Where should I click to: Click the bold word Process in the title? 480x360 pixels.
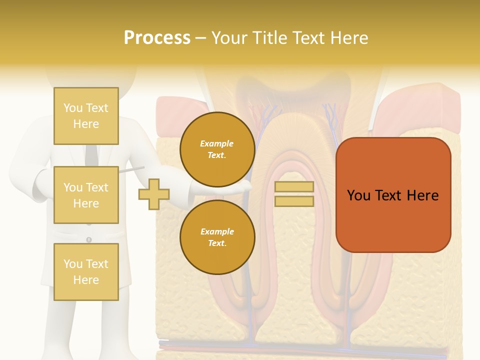point(157,38)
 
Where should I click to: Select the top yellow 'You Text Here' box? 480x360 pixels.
point(86,116)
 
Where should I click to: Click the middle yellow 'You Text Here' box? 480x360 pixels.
point(86,195)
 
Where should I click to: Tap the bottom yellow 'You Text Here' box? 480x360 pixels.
point(86,271)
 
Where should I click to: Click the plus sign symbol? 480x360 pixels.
point(154,194)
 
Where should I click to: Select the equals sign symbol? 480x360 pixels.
point(294,194)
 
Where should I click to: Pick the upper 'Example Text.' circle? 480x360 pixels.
point(217,149)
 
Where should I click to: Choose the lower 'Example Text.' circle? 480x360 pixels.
point(217,237)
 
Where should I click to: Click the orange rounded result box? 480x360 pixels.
point(393,195)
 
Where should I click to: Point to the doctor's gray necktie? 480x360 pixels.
point(91,155)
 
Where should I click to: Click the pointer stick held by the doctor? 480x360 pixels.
point(132,170)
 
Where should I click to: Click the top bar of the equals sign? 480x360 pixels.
point(294,187)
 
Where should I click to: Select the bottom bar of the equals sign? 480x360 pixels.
point(294,201)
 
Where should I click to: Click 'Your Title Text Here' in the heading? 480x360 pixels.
point(289,38)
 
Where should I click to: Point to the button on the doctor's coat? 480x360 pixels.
point(89,239)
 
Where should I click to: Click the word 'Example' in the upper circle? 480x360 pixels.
point(217,143)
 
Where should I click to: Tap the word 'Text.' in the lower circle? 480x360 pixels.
point(217,243)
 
